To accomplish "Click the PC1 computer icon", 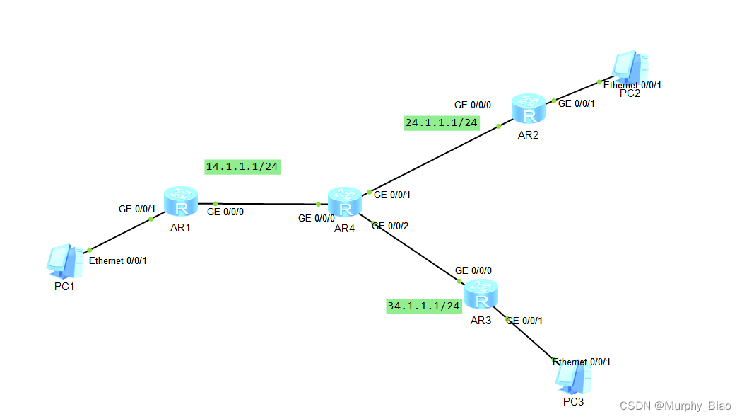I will click(62, 260).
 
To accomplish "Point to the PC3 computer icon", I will click(573, 377).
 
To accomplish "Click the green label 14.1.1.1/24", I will click(242, 167).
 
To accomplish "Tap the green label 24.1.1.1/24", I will click(442, 122).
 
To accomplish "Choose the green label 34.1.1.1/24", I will click(423, 306).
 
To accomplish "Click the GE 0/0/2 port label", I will click(390, 226).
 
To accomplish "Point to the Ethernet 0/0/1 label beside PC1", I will click(118, 260).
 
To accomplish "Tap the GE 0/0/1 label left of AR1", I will click(136, 209).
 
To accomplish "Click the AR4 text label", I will click(344, 228).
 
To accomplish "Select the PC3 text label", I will click(573, 402).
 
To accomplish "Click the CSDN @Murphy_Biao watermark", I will click(675, 406).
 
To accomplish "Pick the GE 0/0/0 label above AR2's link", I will click(473, 105).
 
